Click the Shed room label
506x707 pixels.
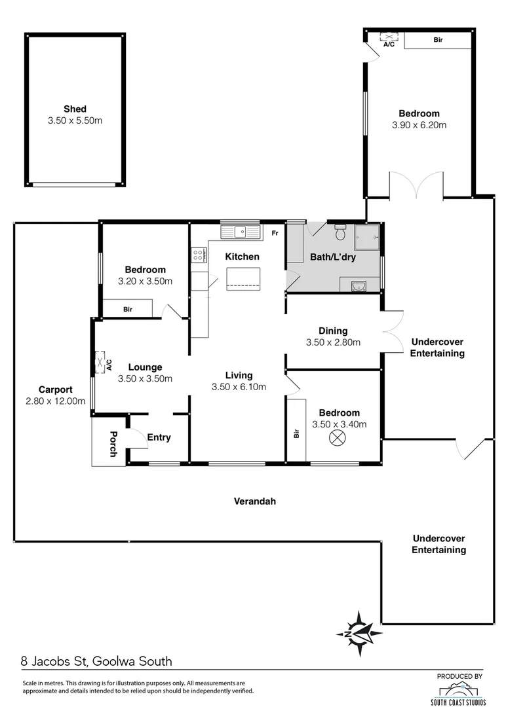click(75, 109)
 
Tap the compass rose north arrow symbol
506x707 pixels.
click(359, 633)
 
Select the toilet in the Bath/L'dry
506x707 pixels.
click(340, 232)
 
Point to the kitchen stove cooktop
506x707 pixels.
click(197, 255)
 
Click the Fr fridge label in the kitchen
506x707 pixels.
click(275, 233)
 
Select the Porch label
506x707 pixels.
click(113, 443)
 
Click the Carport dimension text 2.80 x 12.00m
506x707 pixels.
click(55, 401)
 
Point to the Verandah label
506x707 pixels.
click(255, 501)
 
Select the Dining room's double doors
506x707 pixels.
click(392, 331)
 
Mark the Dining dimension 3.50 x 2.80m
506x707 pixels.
click(333, 342)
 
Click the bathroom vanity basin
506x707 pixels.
click(359, 285)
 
